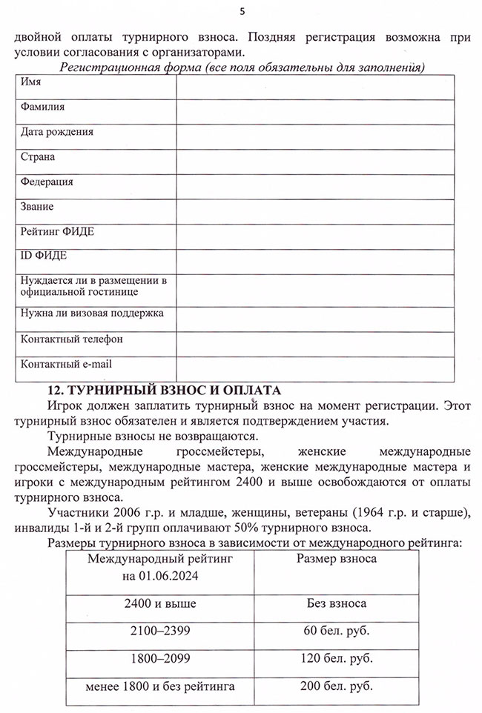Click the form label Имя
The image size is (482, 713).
30,82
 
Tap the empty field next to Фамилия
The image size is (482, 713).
314,111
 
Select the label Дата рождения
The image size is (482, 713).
57,132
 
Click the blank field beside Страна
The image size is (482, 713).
314,162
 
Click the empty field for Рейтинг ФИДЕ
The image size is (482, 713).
314,236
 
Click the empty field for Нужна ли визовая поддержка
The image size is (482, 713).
314,319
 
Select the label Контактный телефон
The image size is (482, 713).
71,339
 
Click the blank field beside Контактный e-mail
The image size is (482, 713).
314,368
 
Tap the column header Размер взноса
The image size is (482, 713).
336,560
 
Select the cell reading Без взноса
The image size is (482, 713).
336,604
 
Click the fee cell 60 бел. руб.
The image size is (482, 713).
336,631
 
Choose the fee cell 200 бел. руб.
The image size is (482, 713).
336,686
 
